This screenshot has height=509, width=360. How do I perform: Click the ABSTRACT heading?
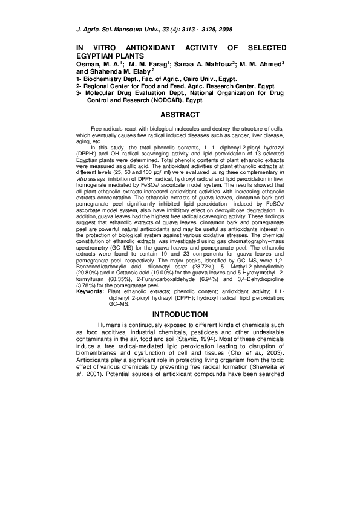pyautogui.click(x=180, y=114)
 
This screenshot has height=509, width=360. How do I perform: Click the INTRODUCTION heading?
pyautogui.click(x=180, y=314)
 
